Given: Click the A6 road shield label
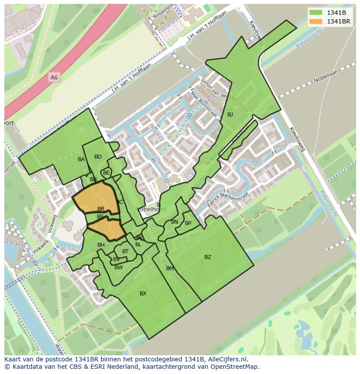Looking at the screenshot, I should (x=54, y=77).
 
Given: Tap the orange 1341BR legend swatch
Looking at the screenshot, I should (x=316, y=21).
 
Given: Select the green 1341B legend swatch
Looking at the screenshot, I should (x=316, y=13).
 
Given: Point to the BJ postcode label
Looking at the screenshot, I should (x=230, y=115).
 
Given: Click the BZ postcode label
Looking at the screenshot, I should (x=208, y=257).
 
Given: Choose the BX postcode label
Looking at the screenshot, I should (x=143, y=294).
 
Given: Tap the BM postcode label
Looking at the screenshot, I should (x=170, y=268).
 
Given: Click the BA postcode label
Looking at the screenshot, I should (x=81, y=159).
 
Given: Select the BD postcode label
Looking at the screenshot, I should (x=98, y=157).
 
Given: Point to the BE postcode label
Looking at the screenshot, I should (x=107, y=172).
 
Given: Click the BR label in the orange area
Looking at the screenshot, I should (x=101, y=209).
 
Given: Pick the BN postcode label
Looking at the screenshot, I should (x=174, y=222).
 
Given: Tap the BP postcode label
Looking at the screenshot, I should (x=188, y=223).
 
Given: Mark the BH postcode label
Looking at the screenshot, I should (x=101, y=245).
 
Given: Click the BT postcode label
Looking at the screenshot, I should (x=125, y=252).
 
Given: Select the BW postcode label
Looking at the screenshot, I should (x=118, y=268).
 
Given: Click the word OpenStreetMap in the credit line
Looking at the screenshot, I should (x=237, y=367).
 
